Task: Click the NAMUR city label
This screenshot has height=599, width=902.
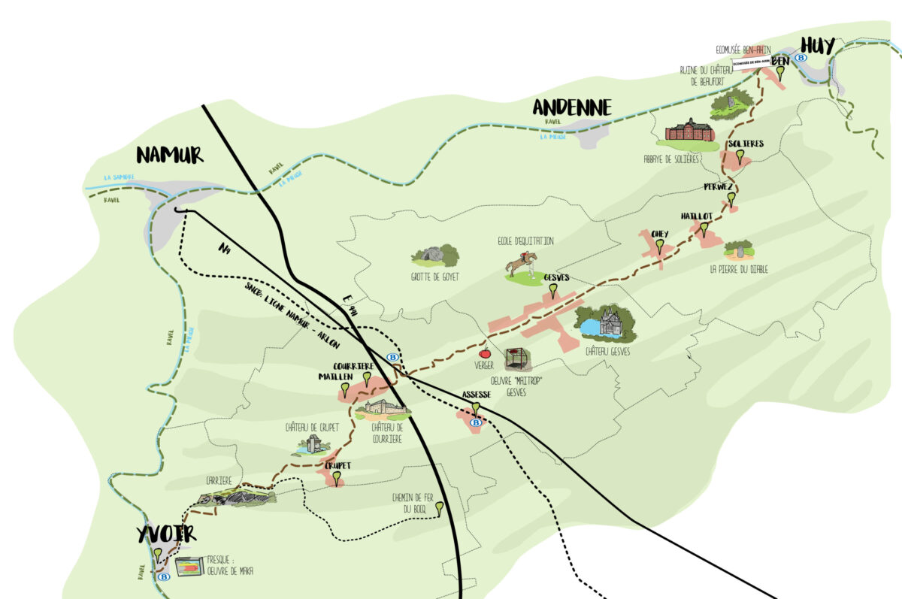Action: (x=170, y=155)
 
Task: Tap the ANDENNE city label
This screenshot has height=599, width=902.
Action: (x=571, y=108)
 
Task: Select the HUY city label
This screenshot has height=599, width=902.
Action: (x=817, y=46)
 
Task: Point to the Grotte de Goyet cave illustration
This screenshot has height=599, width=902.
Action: (x=435, y=256)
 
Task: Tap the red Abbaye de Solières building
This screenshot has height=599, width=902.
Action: (x=689, y=131)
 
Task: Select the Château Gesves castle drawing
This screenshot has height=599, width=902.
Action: (x=607, y=323)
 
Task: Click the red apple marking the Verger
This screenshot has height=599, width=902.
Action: (x=485, y=352)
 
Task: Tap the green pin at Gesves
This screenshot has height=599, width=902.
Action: (x=554, y=289)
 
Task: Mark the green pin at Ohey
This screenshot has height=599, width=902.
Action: (x=660, y=246)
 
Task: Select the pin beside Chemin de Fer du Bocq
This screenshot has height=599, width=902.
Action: (x=439, y=508)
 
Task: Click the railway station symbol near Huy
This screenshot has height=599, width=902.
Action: (x=801, y=57)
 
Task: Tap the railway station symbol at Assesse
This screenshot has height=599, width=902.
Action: (x=476, y=423)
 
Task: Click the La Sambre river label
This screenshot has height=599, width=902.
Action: (x=118, y=178)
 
